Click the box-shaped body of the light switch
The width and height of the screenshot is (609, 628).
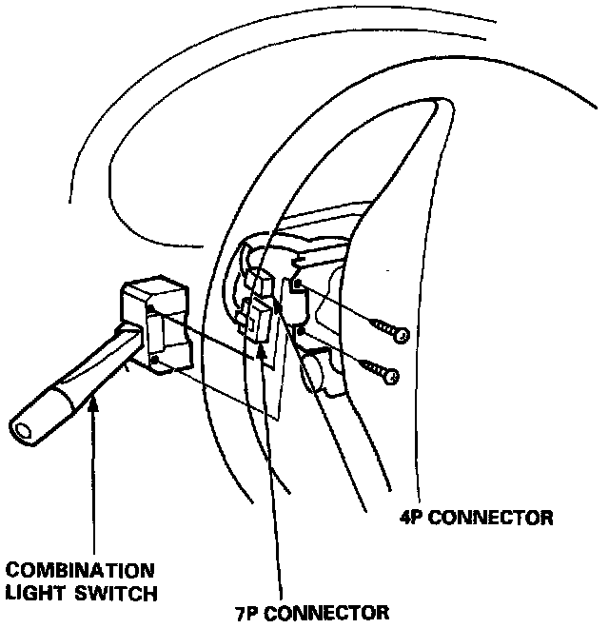pos(157,324)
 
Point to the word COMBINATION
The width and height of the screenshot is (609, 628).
pos(79,571)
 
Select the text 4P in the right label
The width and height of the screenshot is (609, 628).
pos(414,519)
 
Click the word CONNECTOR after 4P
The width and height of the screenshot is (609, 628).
pos(495,519)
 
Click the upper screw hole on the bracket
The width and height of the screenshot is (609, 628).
pos(298,283)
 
